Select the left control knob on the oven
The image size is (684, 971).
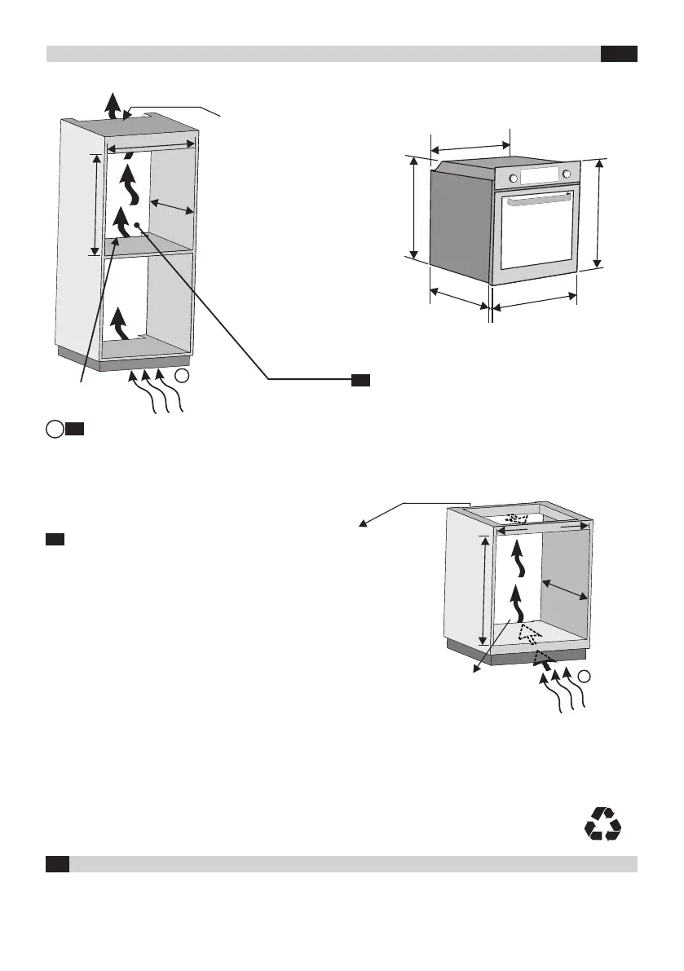(x=514, y=179)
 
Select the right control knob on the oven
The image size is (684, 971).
(x=566, y=174)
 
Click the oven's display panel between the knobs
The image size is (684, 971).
(x=540, y=175)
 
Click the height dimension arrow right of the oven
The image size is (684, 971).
(x=600, y=213)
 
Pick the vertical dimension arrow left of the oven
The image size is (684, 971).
(x=414, y=207)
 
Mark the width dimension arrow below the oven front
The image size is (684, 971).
(x=534, y=301)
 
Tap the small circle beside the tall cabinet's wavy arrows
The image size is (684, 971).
(x=185, y=376)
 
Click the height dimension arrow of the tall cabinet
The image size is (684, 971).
(x=96, y=204)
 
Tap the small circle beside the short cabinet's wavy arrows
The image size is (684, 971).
(x=585, y=675)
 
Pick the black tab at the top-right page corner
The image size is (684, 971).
(x=619, y=54)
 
